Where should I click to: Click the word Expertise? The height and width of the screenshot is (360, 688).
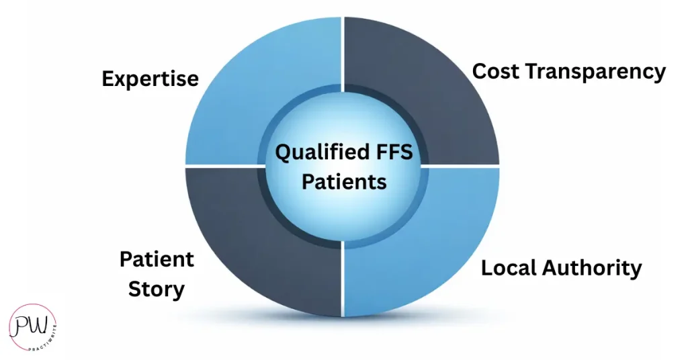click(x=150, y=79)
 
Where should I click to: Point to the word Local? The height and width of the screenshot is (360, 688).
click(x=511, y=268)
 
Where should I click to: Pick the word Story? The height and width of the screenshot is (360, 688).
click(x=157, y=290)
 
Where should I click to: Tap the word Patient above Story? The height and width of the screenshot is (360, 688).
click(x=157, y=259)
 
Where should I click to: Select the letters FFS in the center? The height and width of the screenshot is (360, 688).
click(x=389, y=153)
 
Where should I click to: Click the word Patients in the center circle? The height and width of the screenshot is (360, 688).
click(x=344, y=181)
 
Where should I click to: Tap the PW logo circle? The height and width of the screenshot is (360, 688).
click(x=32, y=327)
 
